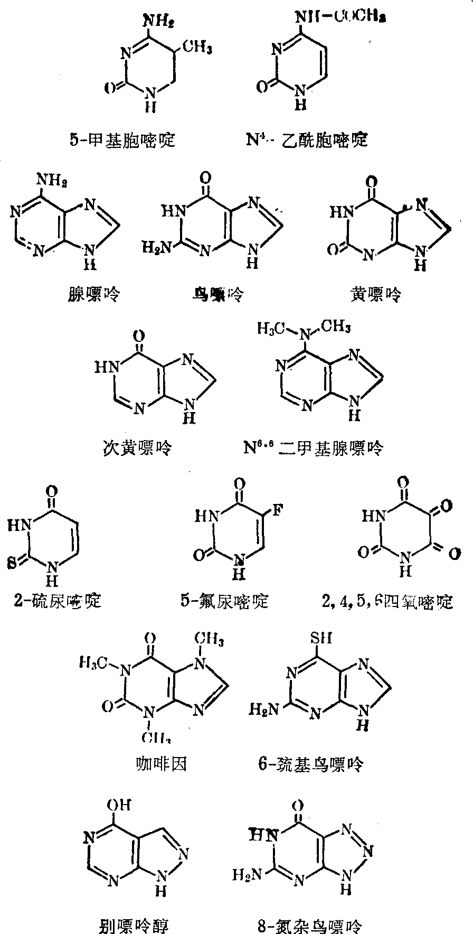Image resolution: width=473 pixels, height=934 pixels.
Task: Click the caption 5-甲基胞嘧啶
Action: [x=122, y=140]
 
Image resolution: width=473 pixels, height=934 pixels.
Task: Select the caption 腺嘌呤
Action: [x=91, y=293]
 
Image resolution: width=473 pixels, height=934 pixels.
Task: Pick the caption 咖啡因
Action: [x=161, y=763]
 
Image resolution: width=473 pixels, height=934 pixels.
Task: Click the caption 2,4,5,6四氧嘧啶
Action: [x=387, y=602]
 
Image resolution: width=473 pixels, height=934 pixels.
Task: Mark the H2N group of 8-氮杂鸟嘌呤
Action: [x=247, y=875]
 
